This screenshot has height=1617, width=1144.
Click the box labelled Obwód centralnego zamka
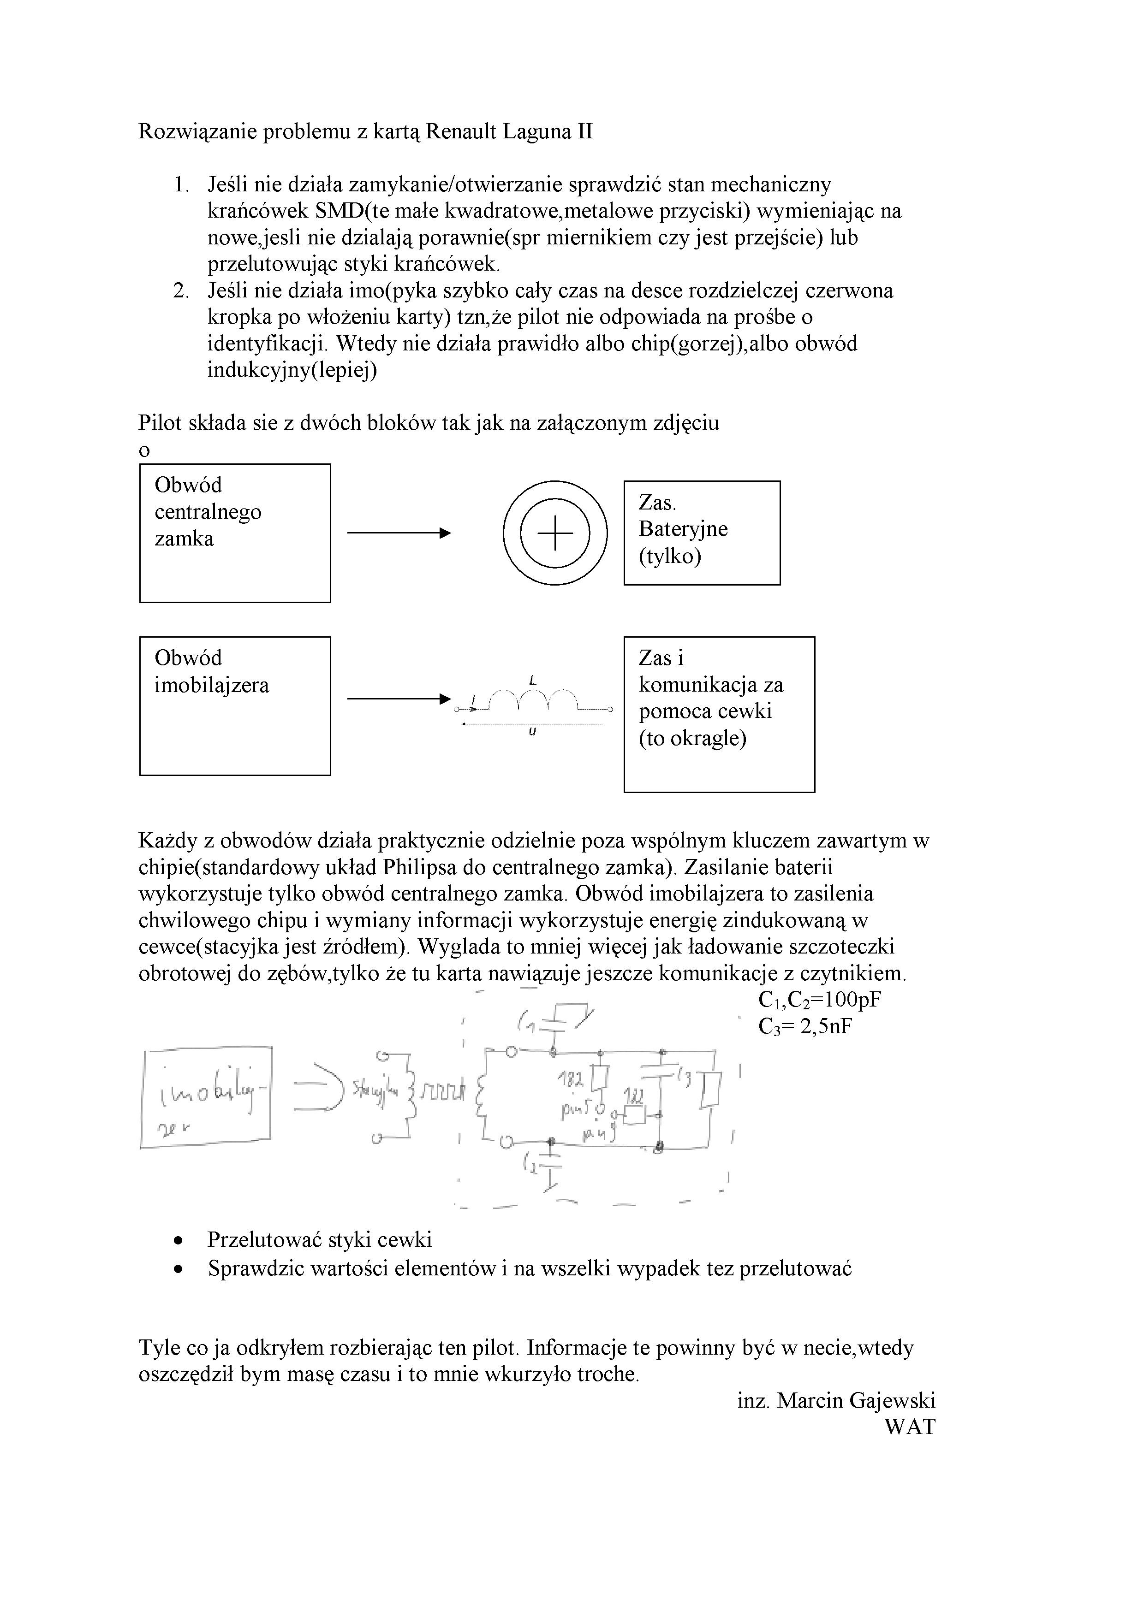(x=235, y=533)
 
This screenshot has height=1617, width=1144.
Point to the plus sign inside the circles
(x=555, y=533)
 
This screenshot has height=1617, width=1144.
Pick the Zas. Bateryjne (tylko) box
(x=702, y=533)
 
